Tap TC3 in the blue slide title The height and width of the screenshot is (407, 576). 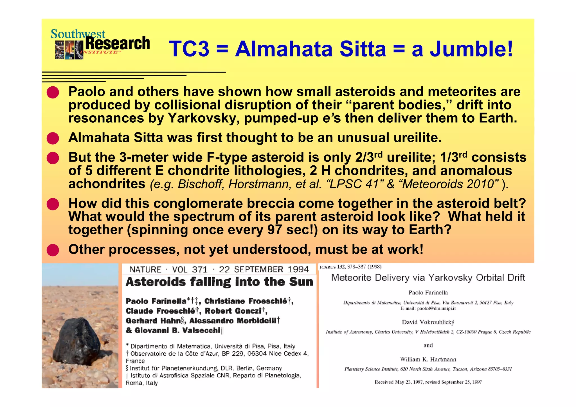pyautogui.click(x=189, y=49)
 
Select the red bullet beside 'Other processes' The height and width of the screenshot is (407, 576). pyautogui.click(x=53, y=250)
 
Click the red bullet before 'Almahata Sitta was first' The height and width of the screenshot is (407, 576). pyautogui.click(x=53, y=138)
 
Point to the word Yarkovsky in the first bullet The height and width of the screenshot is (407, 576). pyautogui.click(x=204, y=118)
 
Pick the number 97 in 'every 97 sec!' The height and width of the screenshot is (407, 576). pyautogui.click(x=274, y=230)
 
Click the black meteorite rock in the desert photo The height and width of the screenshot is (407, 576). pyautogui.click(x=80, y=342)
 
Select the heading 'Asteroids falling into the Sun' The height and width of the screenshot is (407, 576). pyautogui.click(x=219, y=282)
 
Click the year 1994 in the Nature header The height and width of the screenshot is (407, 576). pyautogui.click(x=298, y=269)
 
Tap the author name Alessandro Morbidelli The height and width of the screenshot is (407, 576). pyautogui.click(x=235, y=321)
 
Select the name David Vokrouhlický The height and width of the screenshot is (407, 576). pyautogui.click(x=428, y=322)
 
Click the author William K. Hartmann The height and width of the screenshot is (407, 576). pyautogui.click(x=428, y=359)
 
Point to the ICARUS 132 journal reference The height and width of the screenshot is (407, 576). pyautogui.click(x=350, y=267)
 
